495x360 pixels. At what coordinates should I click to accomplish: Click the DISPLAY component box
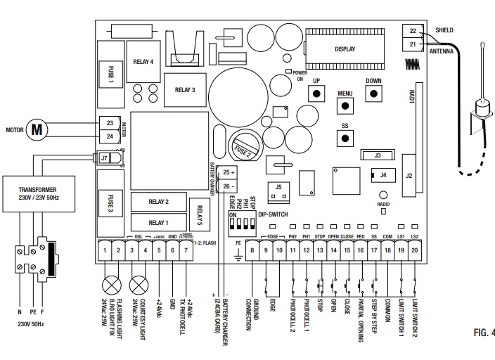click(x=345, y=49)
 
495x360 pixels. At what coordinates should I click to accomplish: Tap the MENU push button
click(x=345, y=105)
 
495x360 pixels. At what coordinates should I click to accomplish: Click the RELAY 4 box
click(x=143, y=62)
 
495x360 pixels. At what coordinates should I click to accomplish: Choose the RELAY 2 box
click(x=158, y=202)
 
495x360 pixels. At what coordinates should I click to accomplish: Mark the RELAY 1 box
click(x=158, y=223)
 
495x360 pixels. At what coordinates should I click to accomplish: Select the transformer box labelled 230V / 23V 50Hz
click(x=39, y=194)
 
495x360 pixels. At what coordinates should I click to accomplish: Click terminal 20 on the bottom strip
click(x=415, y=250)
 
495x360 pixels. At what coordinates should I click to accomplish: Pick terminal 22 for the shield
click(x=412, y=31)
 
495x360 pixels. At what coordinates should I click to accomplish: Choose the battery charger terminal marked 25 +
click(x=229, y=173)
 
